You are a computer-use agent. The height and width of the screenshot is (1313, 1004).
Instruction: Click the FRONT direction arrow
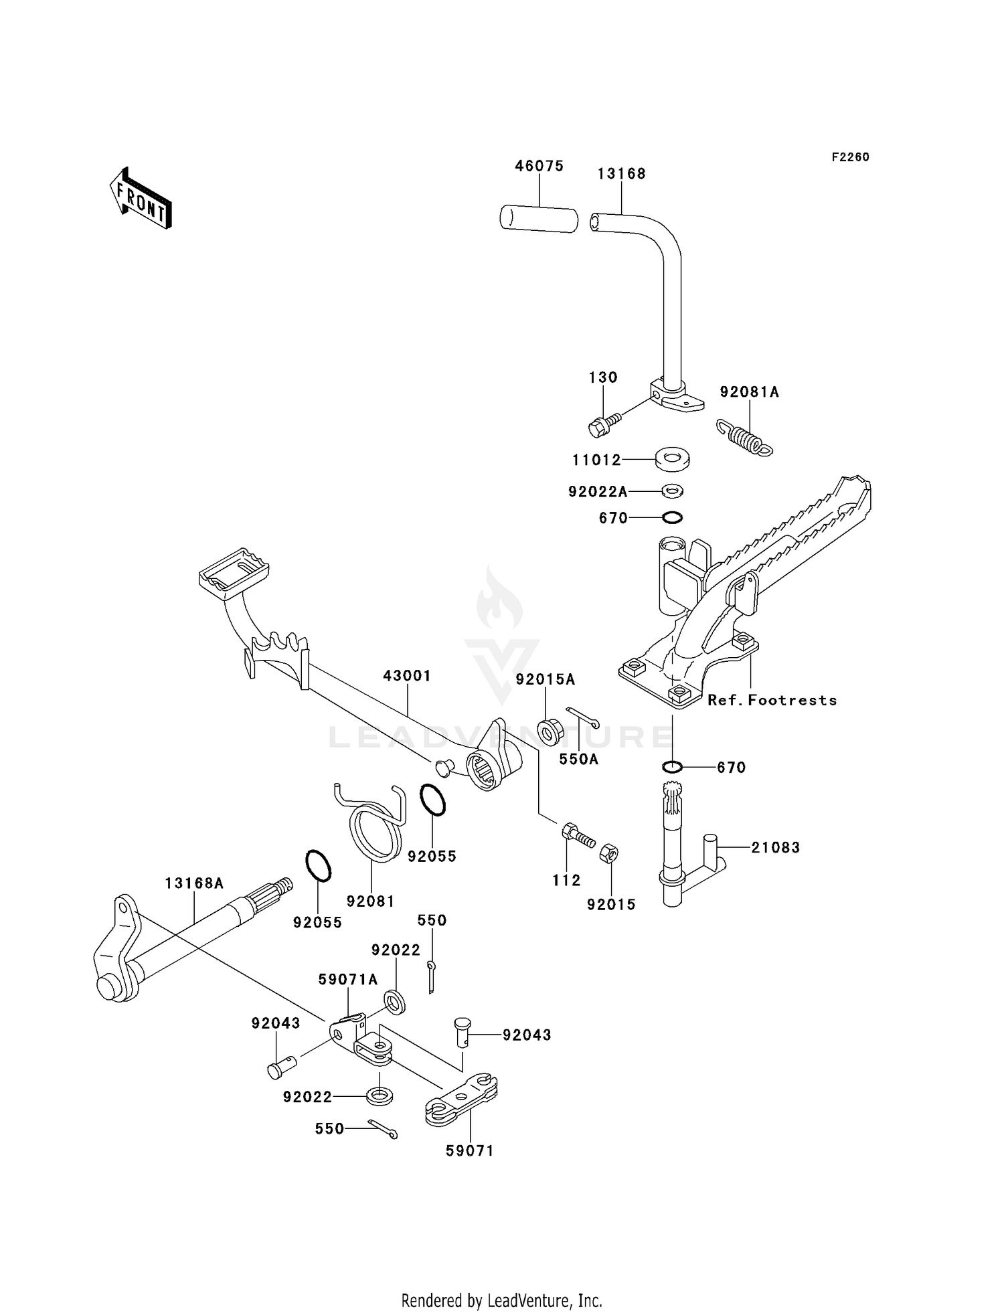point(141,199)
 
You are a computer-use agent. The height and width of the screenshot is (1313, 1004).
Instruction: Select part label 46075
point(539,166)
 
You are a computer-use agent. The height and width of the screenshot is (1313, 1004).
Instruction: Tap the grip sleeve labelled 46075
point(539,220)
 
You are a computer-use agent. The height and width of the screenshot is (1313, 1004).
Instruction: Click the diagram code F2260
point(850,157)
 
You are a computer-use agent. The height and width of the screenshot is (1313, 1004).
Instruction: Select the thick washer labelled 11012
point(673,459)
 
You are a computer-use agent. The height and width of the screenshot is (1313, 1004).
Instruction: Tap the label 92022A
point(598,492)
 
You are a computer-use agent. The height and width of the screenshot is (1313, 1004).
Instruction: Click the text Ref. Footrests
point(772,700)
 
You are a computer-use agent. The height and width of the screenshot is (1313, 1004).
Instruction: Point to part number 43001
point(406,676)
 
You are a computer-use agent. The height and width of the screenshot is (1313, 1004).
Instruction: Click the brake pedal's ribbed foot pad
point(234,570)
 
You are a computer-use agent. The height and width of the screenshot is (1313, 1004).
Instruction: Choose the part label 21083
point(775,847)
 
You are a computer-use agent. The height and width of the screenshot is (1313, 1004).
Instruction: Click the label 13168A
point(194,883)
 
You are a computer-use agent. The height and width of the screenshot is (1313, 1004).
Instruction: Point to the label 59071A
point(347,980)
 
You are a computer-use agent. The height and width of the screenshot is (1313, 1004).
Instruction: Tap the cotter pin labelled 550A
point(583,717)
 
